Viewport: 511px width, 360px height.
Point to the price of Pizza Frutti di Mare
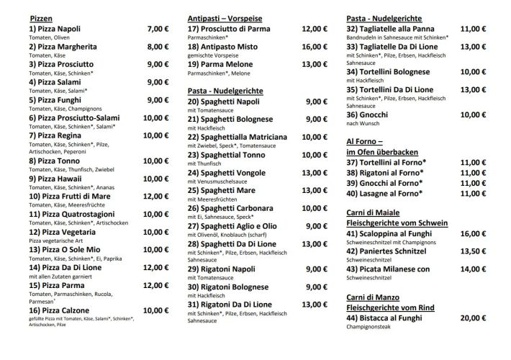[x=155, y=197]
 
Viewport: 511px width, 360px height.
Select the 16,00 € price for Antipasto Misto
[x=314, y=48]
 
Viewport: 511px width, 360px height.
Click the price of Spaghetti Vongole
[x=314, y=172]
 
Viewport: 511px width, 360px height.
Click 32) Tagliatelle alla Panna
[x=398, y=30]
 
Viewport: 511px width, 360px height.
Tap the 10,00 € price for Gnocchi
[x=472, y=114]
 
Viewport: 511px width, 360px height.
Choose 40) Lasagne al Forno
[x=384, y=194]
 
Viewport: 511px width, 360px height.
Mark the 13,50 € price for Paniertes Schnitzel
[x=472, y=251]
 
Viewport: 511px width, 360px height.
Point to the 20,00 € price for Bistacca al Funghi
[x=472, y=318]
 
